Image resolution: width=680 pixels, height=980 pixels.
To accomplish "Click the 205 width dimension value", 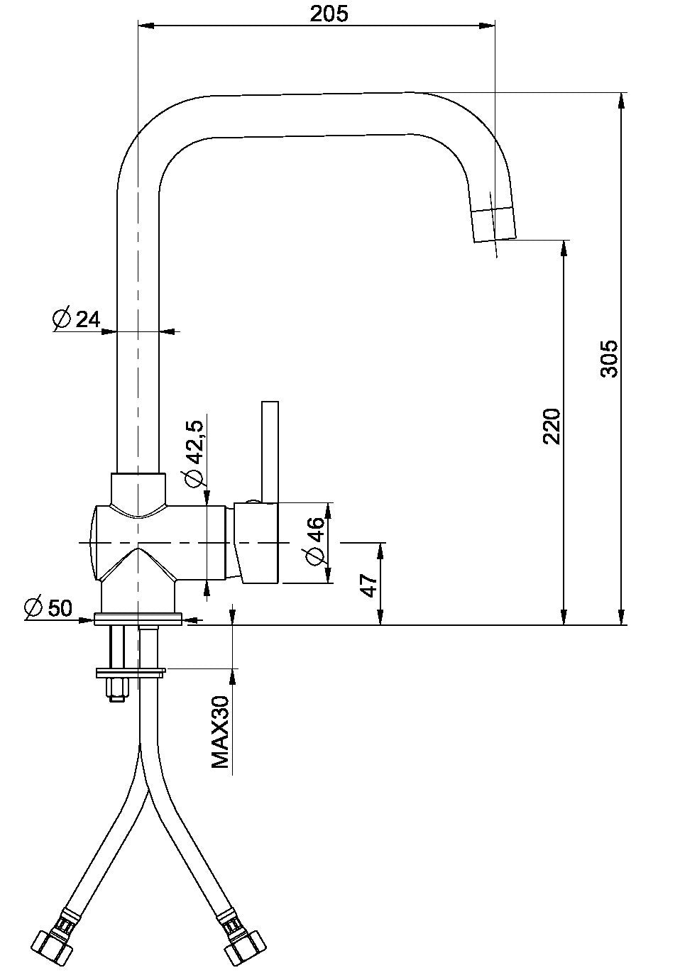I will (329, 13).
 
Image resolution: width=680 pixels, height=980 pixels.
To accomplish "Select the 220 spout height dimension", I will (552, 426).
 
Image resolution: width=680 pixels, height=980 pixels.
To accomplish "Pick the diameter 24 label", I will (87, 319).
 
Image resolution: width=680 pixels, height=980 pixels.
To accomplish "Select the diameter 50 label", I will (58, 607).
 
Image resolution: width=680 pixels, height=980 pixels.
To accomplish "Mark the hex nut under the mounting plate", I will (117, 688).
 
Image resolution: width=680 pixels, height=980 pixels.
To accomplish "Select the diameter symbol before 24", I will (62, 319).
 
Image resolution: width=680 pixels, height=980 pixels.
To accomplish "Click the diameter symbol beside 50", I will (33, 607).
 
